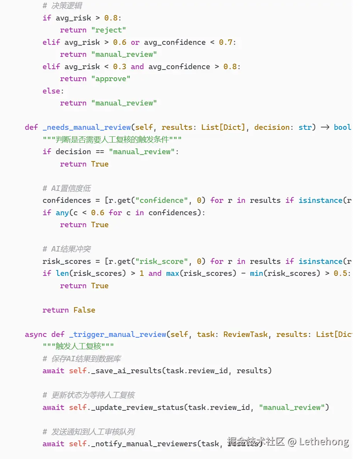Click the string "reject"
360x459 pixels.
pyautogui.click(x=109, y=30)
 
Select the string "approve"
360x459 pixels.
pyautogui.click(x=111, y=79)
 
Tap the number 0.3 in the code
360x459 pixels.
pyautogui.click(x=120, y=66)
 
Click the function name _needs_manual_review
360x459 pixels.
pyautogui.click(x=86, y=127)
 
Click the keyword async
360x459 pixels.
pyautogui.click(x=36, y=334)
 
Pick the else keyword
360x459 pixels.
pyautogui.click(x=51, y=91)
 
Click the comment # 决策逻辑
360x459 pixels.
pyautogui.click(x=62, y=6)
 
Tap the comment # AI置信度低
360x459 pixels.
pyautogui.click(x=67, y=188)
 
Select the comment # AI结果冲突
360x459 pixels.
pyautogui.click(x=67, y=249)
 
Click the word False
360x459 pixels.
pyautogui.click(x=84, y=310)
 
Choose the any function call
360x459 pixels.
pyautogui.click(x=62, y=212)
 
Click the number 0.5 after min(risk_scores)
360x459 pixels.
pyautogui.click(x=340, y=273)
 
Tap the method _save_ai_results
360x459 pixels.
pyautogui.click(x=124, y=371)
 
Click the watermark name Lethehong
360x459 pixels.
pyautogui.click(x=324, y=441)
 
